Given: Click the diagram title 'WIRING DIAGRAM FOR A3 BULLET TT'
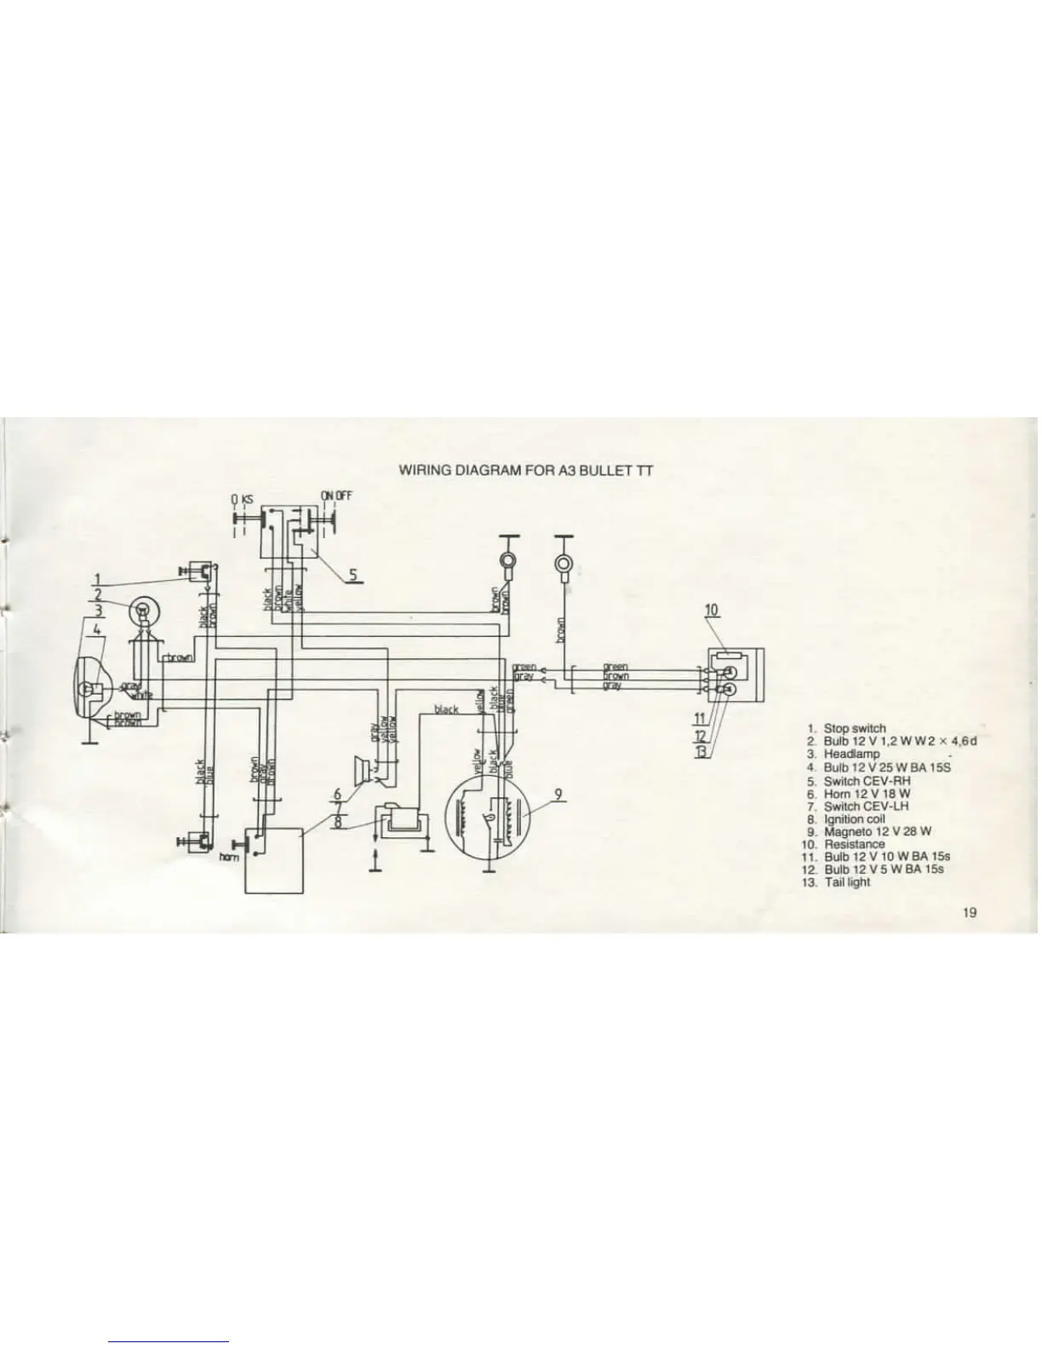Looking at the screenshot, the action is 526,469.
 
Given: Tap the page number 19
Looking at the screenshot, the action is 969,913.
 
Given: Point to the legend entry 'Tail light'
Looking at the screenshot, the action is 847,882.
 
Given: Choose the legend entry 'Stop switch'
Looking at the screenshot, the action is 854,728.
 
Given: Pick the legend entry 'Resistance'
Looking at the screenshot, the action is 854,844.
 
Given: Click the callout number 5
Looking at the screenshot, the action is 352,574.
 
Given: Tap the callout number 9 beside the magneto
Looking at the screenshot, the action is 558,795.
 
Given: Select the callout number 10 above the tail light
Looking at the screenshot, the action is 713,610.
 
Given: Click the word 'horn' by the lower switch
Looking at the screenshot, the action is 228,857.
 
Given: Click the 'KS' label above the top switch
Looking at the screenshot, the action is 248,497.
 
